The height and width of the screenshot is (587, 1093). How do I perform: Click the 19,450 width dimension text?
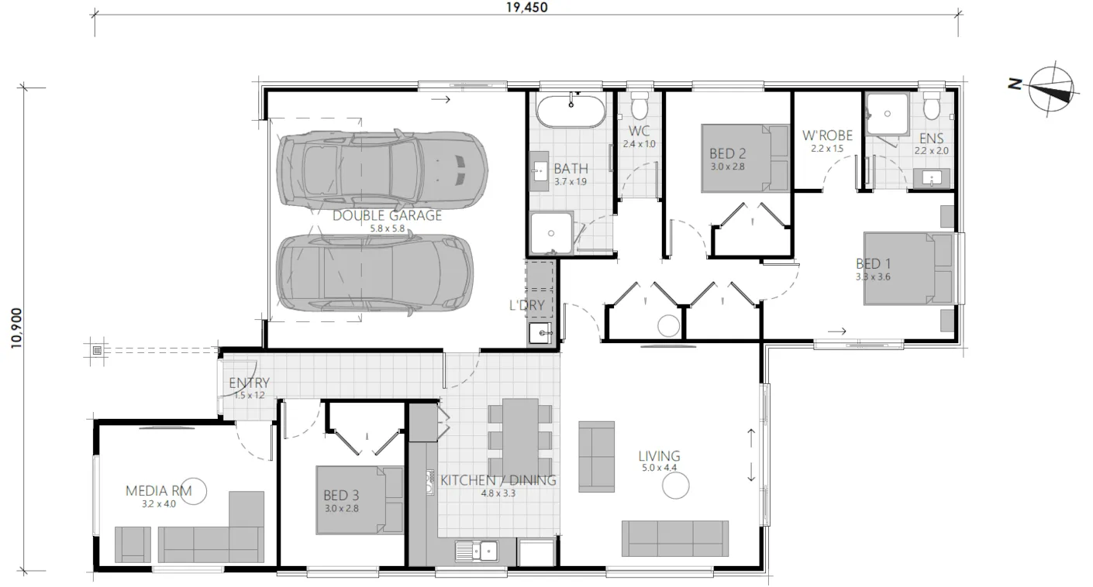point(527,7)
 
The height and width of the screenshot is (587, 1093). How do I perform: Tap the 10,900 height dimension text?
point(17,328)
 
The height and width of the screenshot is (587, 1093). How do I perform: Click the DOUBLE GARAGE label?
point(387,215)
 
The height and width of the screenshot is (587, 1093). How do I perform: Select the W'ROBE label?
point(828,135)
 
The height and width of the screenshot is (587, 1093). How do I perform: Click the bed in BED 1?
point(909,269)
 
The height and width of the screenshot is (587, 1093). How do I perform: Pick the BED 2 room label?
point(728,153)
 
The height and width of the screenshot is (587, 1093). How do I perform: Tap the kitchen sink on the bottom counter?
point(477,551)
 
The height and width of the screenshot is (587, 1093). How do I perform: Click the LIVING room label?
point(659,456)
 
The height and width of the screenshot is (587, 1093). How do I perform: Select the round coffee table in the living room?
point(676,486)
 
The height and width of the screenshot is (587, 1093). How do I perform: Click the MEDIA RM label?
point(159,491)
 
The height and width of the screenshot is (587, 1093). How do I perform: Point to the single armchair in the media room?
point(133,544)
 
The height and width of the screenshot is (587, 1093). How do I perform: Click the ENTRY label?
point(250,383)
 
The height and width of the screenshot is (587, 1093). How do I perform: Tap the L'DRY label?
point(527,305)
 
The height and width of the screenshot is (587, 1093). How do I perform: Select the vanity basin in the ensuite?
point(932,178)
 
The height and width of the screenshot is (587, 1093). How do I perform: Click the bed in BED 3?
point(360,500)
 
